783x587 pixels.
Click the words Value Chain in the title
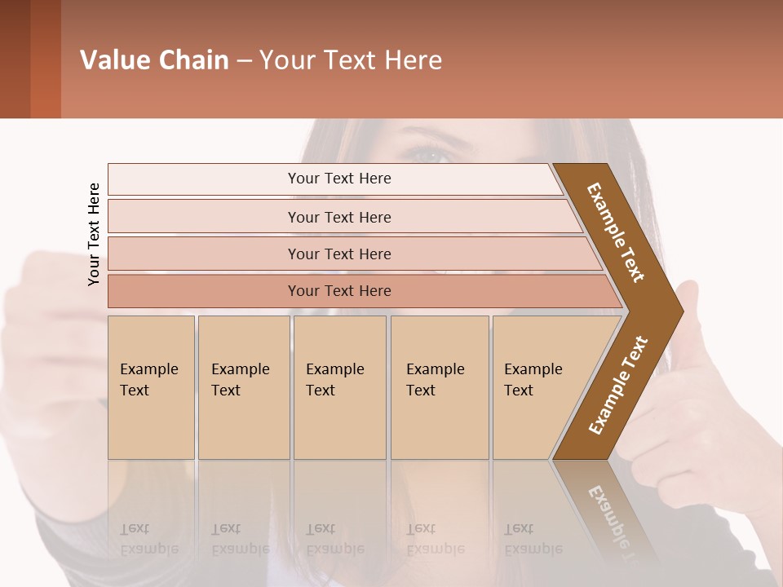pos(154,60)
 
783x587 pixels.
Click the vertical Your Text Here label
pos(94,234)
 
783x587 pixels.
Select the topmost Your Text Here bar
pos(338,179)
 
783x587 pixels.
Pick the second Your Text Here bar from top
pos(338,217)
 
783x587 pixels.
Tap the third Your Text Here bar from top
pos(338,254)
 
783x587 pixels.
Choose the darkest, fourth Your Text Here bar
pos(338,291)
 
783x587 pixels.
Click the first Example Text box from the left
pos(151,387)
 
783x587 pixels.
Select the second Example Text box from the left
pos(243,387)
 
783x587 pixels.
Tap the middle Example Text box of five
pos(339,387)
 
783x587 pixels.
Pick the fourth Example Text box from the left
pos(439,387)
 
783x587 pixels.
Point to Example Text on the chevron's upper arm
pos(616,232)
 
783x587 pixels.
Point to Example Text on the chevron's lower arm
pos(617,386)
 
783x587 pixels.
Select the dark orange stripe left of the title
pos(45,60)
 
